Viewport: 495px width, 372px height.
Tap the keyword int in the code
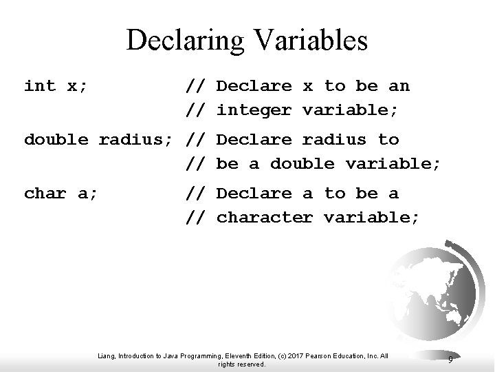tap(40, 86)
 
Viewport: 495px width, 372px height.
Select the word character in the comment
tap(265, 218)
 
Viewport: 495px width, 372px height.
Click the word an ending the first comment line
tap(399, 86)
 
